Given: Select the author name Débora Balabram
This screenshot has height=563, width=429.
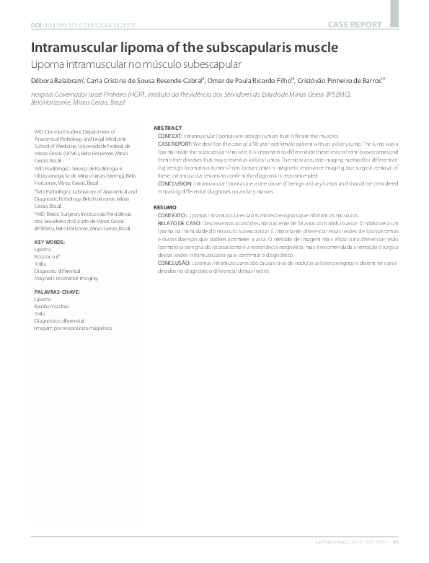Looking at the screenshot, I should click(x=56, y=82).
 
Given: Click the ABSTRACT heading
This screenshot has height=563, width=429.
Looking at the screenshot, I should click(x=168, y=128).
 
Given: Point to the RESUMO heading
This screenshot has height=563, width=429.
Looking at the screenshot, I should click(x=166, y=207).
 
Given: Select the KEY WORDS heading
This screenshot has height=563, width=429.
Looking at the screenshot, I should click(x=50, y=241).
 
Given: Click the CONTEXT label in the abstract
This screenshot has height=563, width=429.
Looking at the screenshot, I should click(x=171, y=136).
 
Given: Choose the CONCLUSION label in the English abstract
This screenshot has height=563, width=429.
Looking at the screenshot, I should click(x=176, y=183).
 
